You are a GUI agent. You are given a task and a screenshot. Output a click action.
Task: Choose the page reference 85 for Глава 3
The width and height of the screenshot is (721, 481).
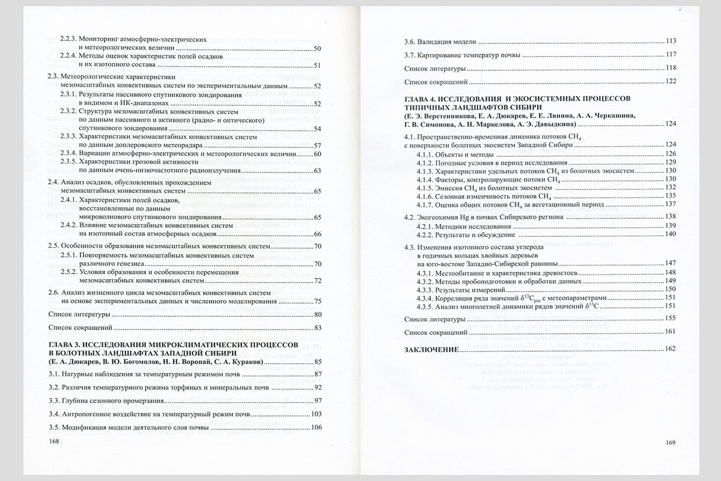pos(318,361)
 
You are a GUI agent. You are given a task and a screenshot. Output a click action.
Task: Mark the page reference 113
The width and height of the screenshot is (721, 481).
pos(671,41)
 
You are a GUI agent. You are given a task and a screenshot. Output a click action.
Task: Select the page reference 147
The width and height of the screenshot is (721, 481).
pos(671,263)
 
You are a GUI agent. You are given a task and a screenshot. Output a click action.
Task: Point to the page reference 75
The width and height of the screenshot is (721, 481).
pos(318,301)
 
